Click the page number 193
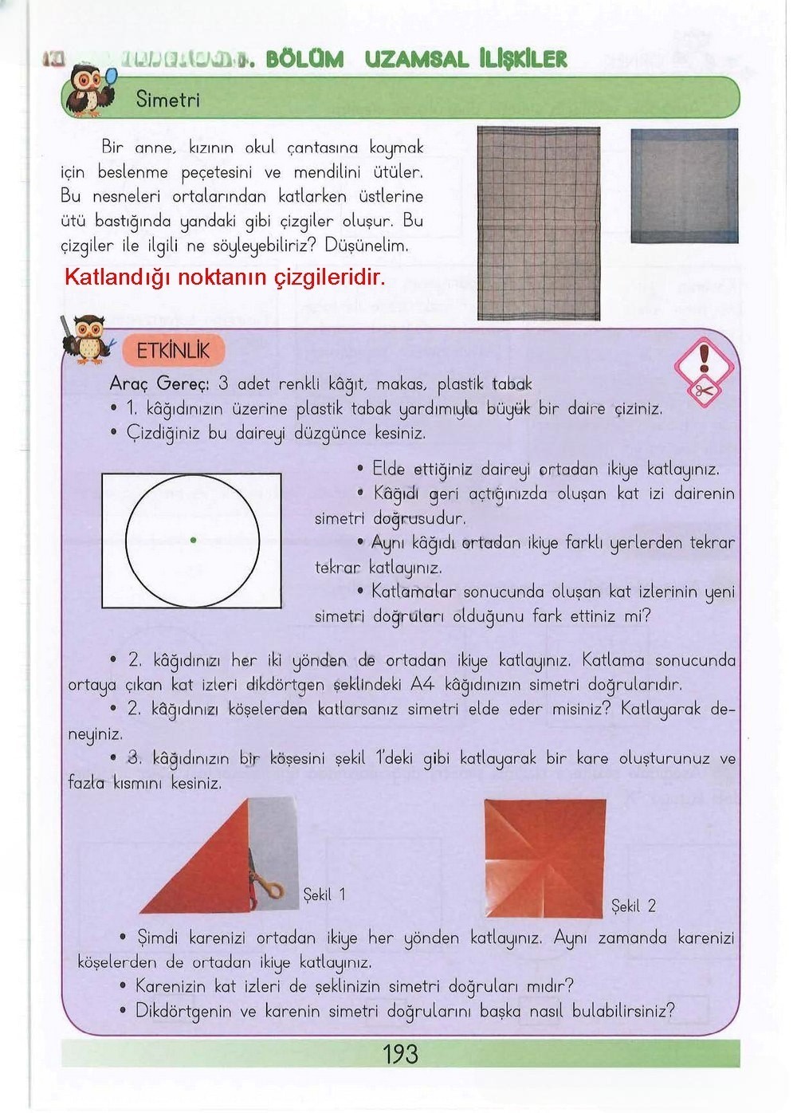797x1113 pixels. [x=400, y=1054]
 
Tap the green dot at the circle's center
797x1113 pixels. [x=194, y=541]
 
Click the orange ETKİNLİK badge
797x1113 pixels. [x=173, y=351]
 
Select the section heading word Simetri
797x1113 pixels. [x=167, y=100]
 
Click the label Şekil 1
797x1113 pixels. [x=324, y=895]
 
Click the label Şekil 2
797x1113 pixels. [x=634, y=906]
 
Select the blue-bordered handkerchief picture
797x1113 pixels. [x=684, y=185]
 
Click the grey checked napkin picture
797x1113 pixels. [x=538, y=223]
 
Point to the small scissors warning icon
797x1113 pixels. [x=704, y=391]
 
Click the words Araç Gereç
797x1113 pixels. [x=159, y=383]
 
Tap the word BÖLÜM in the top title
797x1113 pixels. [x=304, y=59]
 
